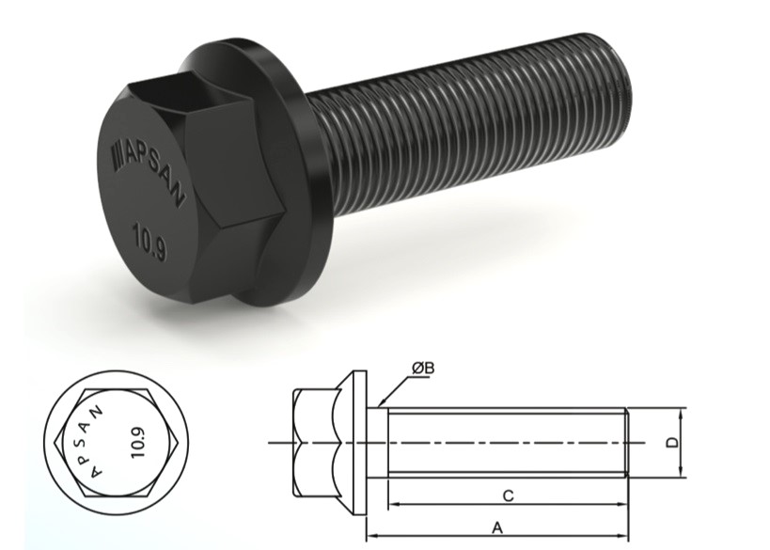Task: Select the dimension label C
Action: [x=507, y=494]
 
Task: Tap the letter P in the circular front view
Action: [x=101, y=449]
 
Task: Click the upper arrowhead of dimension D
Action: [x=680, y=411]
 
